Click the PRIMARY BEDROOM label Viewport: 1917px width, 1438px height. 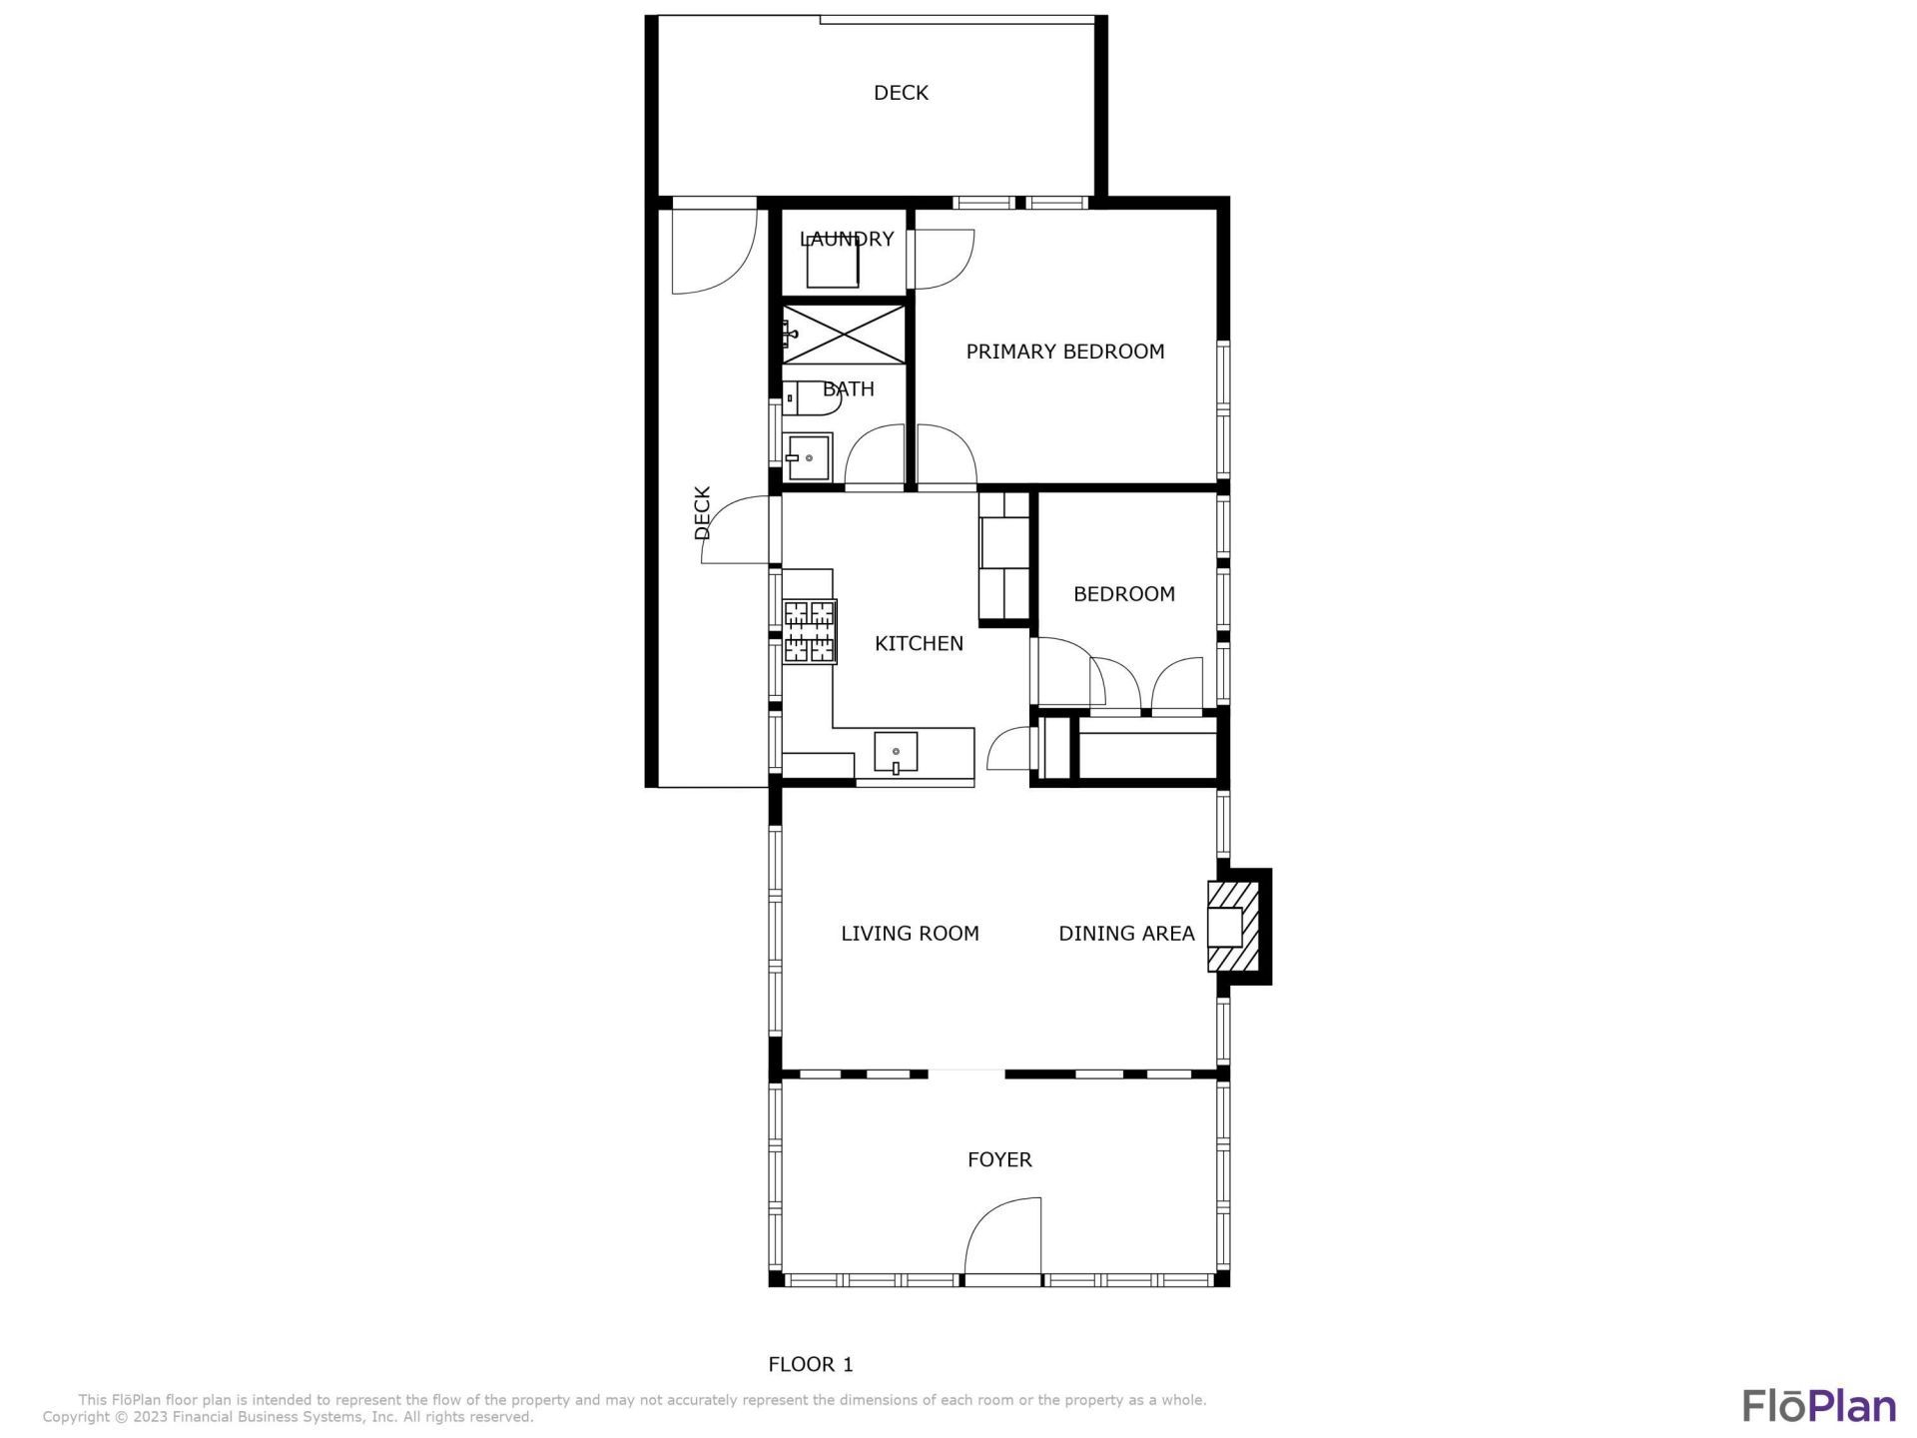(1064, 352)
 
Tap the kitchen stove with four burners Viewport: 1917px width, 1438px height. (809, 631)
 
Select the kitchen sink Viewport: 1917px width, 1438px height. (896, 753)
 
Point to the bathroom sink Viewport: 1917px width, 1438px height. (808, 457)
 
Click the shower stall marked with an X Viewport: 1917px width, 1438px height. (844, 335)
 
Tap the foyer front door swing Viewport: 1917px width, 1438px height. (1003, 1238)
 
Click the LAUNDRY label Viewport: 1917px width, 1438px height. (847, 239)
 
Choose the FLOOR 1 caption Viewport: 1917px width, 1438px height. (810, 1364)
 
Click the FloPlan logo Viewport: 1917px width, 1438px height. (1819, 1405)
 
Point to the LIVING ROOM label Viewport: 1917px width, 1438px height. (910, 934)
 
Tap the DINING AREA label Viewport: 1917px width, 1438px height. (1126, 934)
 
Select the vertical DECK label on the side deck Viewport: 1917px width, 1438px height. (702, 512)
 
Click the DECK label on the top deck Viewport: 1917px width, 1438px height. (901, 93)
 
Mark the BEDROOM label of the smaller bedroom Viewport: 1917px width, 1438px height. (1123, 594)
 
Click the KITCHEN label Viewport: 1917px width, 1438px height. (919, 644)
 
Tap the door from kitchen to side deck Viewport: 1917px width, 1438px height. (737, 531)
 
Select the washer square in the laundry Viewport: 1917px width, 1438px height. (833, 263)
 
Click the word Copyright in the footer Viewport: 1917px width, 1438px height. (77, 1417)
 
